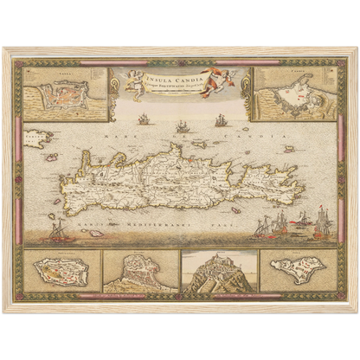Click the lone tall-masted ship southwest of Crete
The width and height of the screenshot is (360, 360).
point(57,230)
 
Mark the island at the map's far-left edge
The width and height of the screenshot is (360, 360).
point(36,136)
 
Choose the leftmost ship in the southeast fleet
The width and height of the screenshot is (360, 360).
point(261,228)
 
